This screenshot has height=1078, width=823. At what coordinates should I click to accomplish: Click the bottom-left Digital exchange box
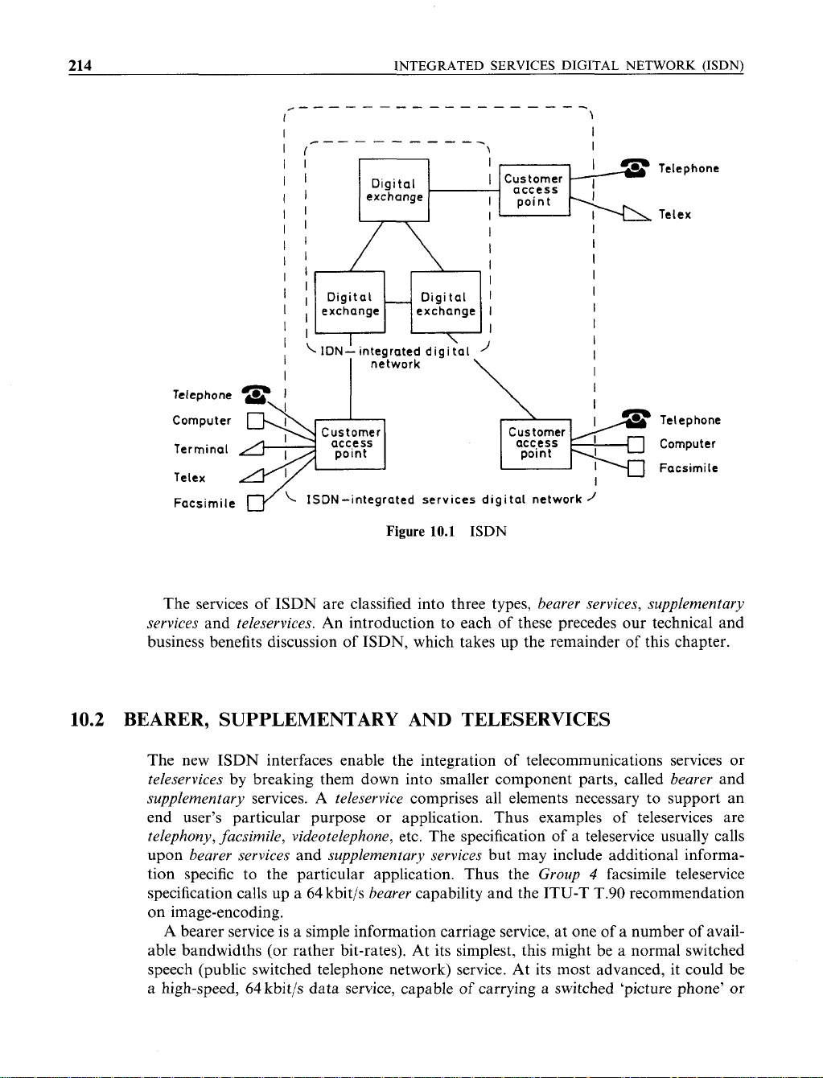[350, 303]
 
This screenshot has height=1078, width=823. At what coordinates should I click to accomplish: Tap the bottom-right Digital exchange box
[445, 303]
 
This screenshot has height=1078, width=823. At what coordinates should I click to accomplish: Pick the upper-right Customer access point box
[534, 190]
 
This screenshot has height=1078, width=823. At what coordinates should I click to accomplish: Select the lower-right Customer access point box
[535, 442]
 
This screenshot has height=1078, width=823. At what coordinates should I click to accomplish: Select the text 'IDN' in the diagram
[333, 352]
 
